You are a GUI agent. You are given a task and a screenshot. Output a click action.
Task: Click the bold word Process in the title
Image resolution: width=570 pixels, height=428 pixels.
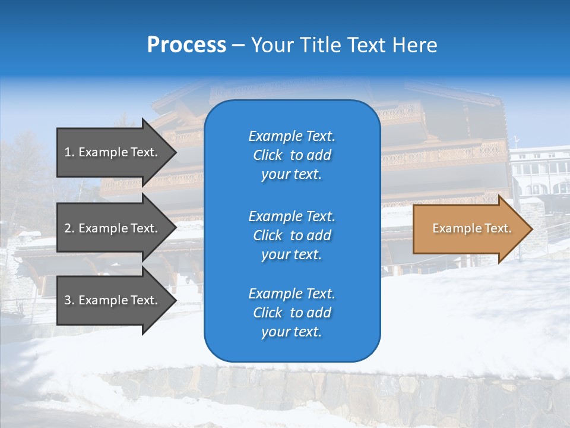click(186, 45)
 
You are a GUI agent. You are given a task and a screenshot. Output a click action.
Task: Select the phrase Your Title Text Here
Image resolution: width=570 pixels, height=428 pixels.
click(344, 45)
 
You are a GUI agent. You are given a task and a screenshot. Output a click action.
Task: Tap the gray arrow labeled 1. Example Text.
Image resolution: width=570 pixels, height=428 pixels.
click(113, 152)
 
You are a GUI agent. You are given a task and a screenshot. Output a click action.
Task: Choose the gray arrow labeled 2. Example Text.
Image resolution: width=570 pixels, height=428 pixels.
click(113, 228)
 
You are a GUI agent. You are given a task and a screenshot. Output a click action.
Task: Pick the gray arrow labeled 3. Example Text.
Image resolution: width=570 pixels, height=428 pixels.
click(113, 300)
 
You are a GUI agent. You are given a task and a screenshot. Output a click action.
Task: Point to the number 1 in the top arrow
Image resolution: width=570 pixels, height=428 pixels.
click(68, 152)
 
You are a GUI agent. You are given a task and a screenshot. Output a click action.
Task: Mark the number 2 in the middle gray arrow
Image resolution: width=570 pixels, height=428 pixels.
click(68, 228)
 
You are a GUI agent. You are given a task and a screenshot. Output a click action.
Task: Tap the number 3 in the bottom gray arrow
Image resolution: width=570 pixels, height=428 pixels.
click(68, 300)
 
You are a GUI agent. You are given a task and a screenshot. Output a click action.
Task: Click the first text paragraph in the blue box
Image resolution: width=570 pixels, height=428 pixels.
click(292, 155)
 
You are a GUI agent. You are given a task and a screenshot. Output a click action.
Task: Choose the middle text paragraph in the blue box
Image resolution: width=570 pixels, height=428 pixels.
click(292, 235)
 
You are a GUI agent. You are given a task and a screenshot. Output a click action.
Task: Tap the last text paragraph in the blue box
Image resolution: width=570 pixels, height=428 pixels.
click(292, 313)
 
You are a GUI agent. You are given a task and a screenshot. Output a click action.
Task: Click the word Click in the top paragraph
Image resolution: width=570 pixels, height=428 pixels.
click(267, 155)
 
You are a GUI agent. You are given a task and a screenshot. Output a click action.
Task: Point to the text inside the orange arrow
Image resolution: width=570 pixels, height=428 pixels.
click(471, 228)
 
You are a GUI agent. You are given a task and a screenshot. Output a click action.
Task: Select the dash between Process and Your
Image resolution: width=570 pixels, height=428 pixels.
click(238, 46)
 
